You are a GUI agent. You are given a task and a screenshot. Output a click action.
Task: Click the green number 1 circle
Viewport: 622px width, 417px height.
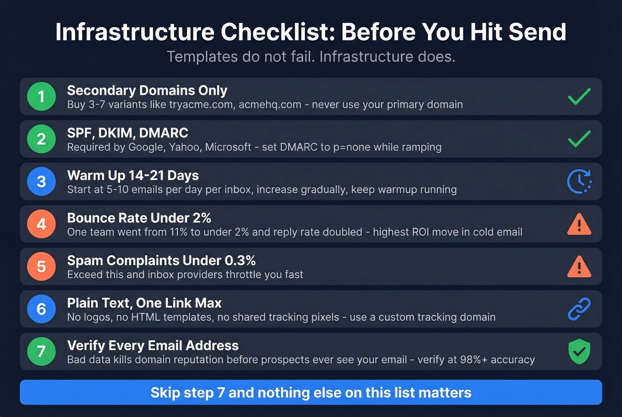tap(41, 96)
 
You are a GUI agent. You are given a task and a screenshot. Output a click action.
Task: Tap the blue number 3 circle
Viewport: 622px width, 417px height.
tap(41, 181)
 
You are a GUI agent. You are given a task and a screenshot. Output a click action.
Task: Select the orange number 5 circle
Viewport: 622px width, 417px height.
tap(41, 266)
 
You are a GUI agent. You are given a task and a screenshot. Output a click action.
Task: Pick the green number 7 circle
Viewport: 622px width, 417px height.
tap(41, 351)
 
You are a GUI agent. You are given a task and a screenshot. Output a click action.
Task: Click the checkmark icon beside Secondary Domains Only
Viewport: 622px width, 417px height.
tap(579, 96)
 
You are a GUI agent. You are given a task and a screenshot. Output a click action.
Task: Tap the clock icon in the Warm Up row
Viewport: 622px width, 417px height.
tap(579, 181)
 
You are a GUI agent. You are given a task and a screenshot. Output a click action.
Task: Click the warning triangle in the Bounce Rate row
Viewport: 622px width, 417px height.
tap(579, 224)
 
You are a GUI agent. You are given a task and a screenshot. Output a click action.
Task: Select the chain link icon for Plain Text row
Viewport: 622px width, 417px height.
tap(579, 309)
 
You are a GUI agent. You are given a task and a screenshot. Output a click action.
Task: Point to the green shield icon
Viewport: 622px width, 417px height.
tap(579, 351)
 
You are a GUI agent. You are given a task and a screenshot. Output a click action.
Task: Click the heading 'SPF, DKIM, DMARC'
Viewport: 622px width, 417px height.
tap(128, 133)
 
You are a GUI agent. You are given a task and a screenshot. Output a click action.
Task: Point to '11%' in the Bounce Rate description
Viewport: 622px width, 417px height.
tap(179, 232)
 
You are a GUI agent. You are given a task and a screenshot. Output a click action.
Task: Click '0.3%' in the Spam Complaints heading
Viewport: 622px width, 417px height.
tap(240, 260)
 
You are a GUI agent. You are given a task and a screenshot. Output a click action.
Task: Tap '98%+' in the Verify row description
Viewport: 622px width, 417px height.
tap(474, 360)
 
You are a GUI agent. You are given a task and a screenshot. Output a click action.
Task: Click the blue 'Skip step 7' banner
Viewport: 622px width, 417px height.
tap(311, 393)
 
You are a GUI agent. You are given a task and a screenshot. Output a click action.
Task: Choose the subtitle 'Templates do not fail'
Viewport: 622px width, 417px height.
tap(240, 57)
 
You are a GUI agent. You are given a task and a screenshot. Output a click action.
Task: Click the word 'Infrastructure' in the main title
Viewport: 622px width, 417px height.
tap(135, 32)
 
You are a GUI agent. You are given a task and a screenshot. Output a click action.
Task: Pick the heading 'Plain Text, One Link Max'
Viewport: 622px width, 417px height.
tap(144, 303)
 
